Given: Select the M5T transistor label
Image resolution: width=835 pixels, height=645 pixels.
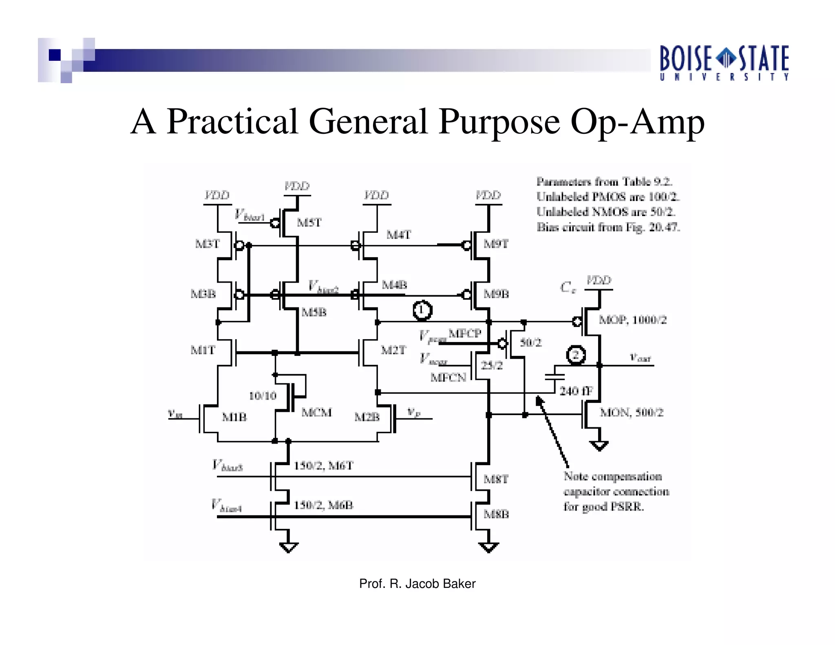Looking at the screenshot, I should click(309, 223).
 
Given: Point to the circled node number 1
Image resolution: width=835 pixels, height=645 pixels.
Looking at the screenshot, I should click(422, 311).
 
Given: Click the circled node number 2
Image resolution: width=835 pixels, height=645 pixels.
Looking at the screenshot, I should click(576, 355).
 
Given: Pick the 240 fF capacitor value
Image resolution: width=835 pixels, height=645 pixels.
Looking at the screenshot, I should click(576, 391).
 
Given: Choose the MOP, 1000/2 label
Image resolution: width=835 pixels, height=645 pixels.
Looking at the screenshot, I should click(632, 320).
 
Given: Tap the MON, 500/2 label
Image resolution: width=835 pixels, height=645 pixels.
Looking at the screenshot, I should click(632, 413).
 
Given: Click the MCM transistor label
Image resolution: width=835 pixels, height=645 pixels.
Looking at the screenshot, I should click(316, 412).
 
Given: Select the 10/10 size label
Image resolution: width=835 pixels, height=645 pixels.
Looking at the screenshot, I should click(263, 395).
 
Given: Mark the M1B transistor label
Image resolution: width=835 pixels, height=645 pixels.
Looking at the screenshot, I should click(234, 417).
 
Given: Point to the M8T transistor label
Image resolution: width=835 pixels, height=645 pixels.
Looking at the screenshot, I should click(496, 479).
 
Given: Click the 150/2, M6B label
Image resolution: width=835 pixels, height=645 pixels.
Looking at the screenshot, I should click(324, 506).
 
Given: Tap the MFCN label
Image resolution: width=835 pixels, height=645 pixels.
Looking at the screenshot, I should click(448, 378).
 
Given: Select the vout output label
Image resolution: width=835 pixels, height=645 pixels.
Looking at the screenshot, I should click(640, 358).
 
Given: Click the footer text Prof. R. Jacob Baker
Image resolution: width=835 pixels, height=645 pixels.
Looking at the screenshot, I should click(417, 584).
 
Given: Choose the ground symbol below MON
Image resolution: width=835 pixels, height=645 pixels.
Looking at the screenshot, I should click(599, 446).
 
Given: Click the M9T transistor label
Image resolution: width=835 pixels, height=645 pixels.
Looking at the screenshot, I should click(496, 244).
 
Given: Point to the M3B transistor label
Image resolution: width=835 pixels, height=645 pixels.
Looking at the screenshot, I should click(203, 294).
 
